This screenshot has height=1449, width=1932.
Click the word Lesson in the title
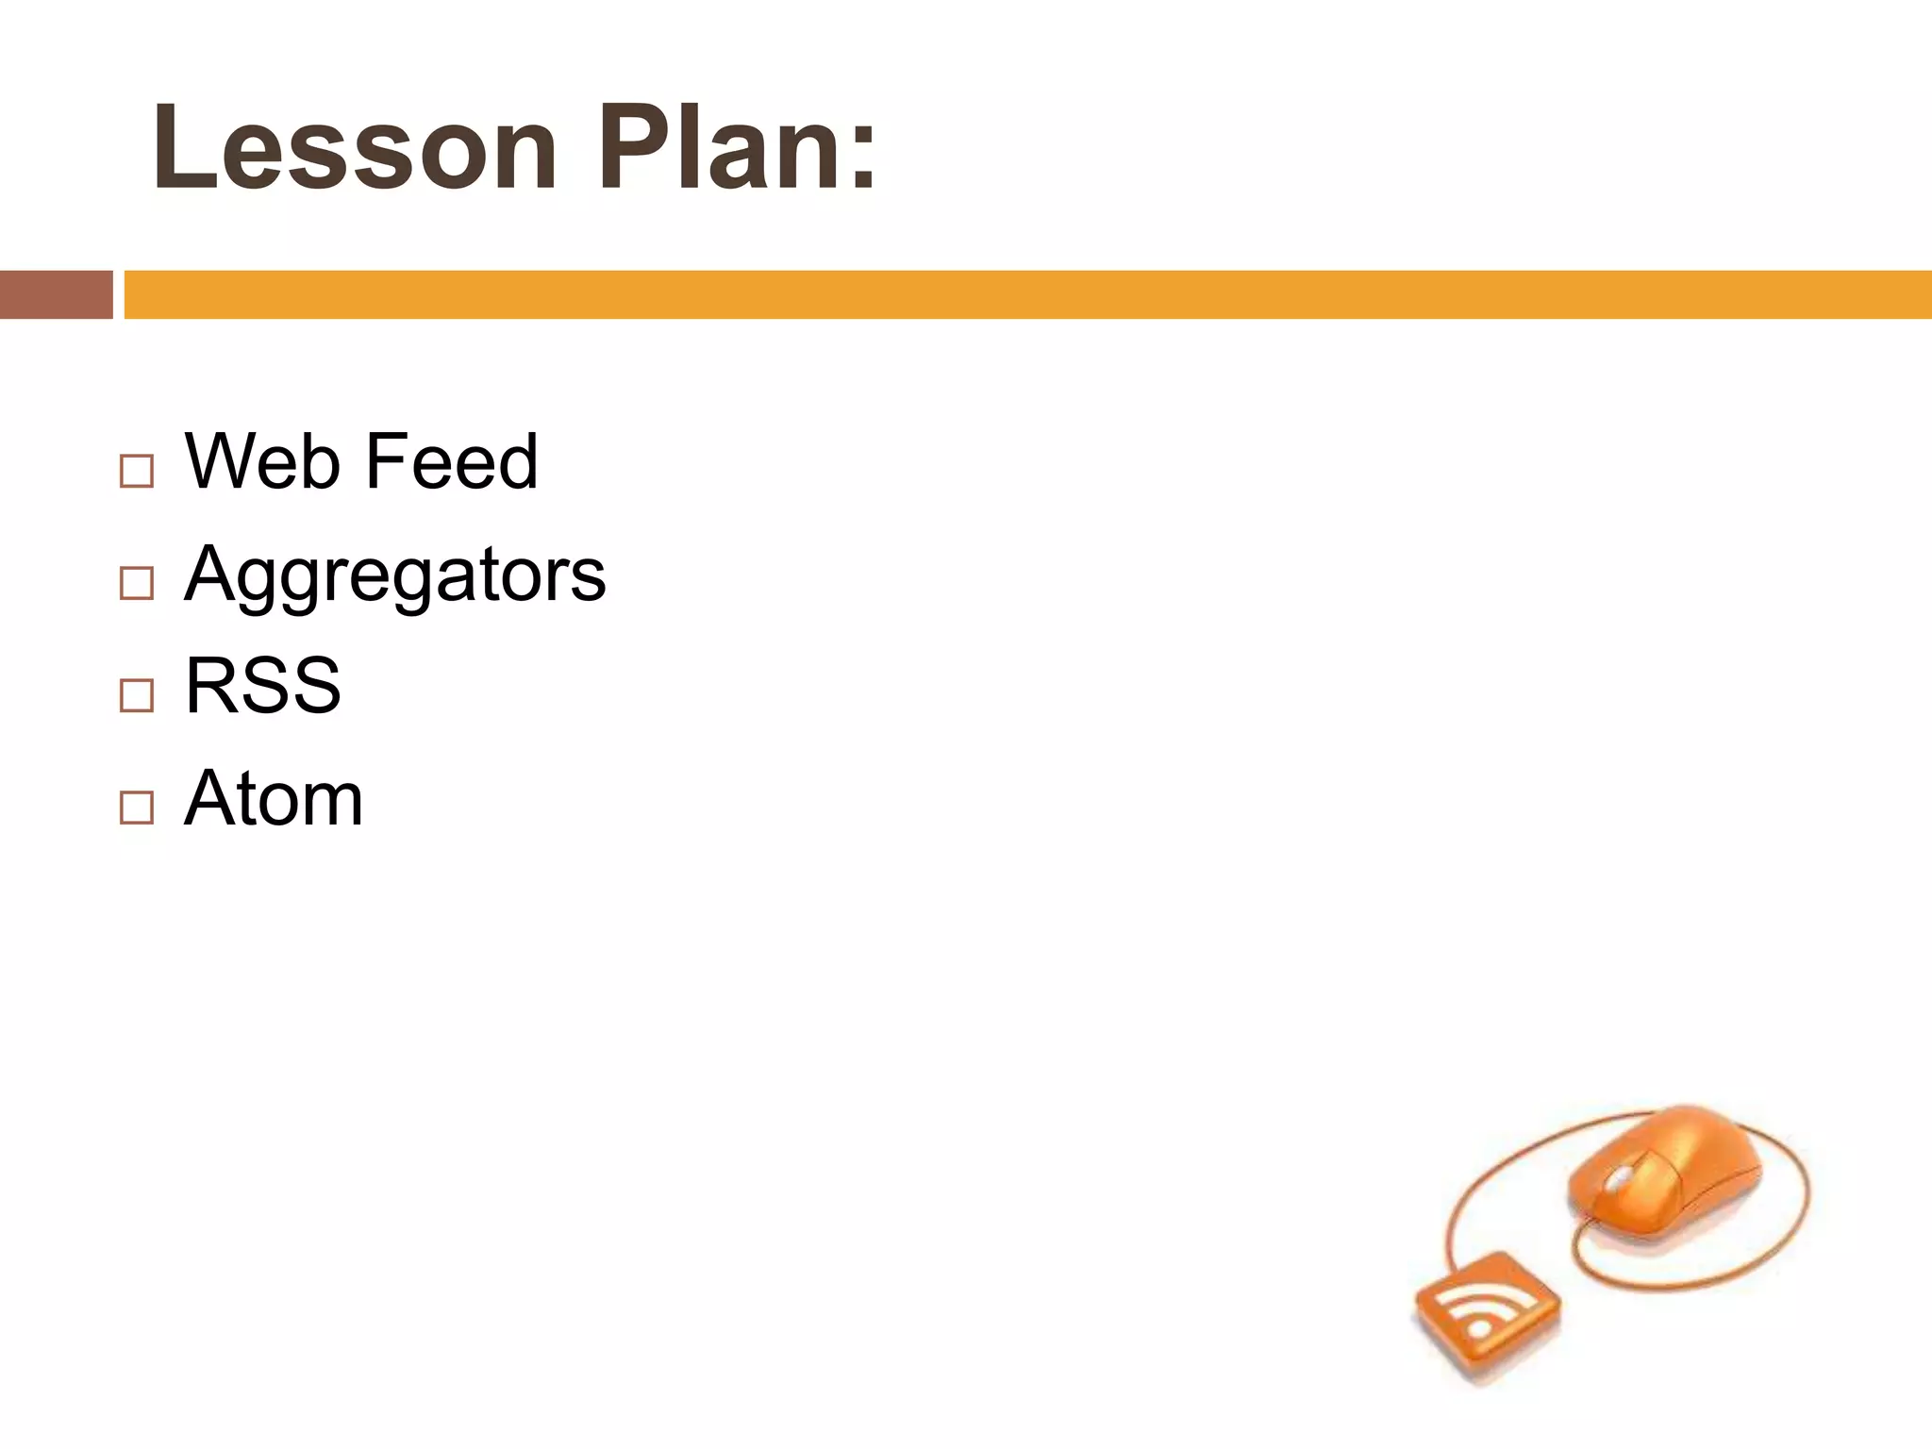click(355, 149)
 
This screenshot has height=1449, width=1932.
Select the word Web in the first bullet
click(262, 461)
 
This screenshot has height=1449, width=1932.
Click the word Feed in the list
click(451, 461)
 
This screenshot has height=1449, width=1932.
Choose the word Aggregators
click(394, 575)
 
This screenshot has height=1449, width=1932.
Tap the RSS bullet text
click(263, 686)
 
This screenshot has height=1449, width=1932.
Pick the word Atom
click(274, 799)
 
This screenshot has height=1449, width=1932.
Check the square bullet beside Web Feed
click(137, 471)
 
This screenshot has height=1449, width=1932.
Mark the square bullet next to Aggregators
click(137, 583)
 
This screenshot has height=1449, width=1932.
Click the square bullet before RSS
click(137, 695)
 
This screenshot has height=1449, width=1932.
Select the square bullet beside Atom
click(137, 808)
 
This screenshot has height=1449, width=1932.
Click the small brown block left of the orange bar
click(56, 294)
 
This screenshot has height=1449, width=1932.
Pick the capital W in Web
click(223, 461)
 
